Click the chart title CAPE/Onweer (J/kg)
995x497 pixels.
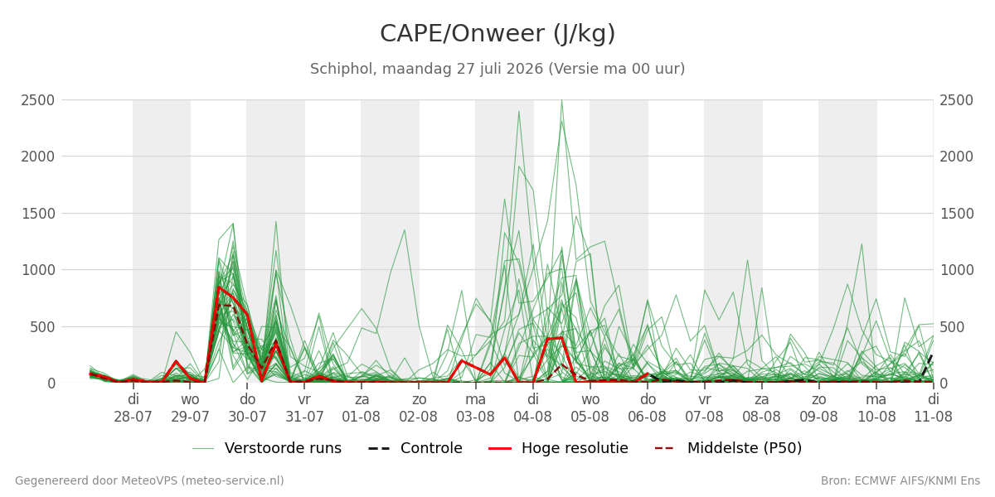pyautogui.click(x=498, y=34)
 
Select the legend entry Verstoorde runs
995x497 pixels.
pyautogui.click(x=266, y=448)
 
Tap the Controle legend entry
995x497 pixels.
pyautogui.click(x=415, y=448)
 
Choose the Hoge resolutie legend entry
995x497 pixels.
pyautogui.click(x=558, y=448)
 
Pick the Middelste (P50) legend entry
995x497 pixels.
pyautogui.click(x=728, y=448)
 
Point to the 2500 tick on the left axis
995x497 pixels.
pyautogui.click(x=38, y=100)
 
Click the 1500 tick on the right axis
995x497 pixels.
pyautogui.click(x=956, y=214)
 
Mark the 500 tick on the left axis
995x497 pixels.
pyautogui.click(x=42, y=327)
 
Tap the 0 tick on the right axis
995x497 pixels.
pyautogui.click(x=944, y=384)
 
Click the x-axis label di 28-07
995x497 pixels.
pyautogui.click(x=133, y=408)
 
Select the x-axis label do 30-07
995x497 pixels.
pyautogui.click(x=247, y=408)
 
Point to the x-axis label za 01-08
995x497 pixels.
pyautogui.click(x=362, y=408)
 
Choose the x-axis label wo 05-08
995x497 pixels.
pyautogui.click(x=590, y=408)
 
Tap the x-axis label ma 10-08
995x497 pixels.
pyautogui.click(x=876, y=408)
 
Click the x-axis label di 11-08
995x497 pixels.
pyautogui.click(x=934, y=408)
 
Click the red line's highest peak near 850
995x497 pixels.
pyautogui.click(x=219, y=287)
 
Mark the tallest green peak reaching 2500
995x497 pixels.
pyautogui.click(x=562, y=100)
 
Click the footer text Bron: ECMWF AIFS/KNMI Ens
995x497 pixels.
pyautogui.click(x=900, y=481)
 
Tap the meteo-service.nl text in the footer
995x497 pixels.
pyautogui.click(x=231, y=481)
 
